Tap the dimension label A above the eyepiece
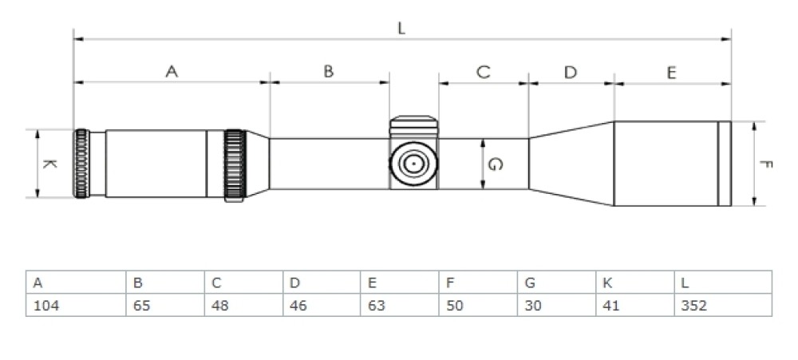(172, 72)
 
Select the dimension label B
(329, 72)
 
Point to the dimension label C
(484, 72)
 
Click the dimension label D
(570, 72)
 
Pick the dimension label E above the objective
(671, 72)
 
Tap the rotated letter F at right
(765, 164)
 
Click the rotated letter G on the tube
(495, 164)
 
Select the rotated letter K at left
(49, 164)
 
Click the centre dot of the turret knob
(413, 163)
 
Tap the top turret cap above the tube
(413, 123)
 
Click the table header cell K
(634, 283)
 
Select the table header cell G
(556, 283)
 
